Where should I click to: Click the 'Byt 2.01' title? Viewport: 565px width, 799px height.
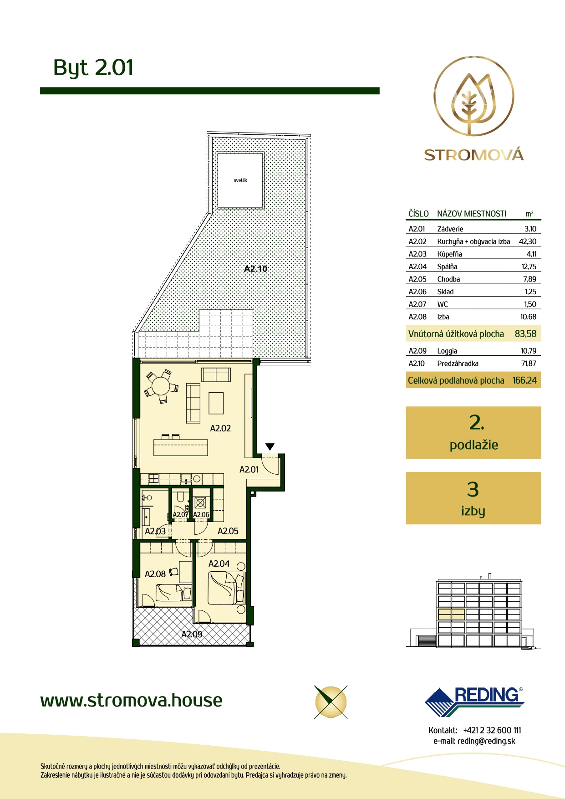pos(93,67)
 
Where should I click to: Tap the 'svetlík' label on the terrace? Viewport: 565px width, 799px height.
pos(240,180)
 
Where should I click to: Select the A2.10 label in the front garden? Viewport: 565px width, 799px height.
pos(256,269)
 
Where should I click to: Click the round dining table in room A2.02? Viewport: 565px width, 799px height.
pos(161,387)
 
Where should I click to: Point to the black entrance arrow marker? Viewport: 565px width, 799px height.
pos(270,447)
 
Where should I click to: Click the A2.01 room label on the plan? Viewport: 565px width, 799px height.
pos(249,470)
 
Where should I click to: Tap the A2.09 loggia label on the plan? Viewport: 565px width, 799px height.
pos(192,634)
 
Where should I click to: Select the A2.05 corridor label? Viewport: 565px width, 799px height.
pos(228,531)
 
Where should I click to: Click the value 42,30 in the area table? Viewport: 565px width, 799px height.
pos(528,242)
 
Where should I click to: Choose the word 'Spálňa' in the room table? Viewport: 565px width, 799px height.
pos(447,267)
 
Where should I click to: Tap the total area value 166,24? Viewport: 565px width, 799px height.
pos(524,380)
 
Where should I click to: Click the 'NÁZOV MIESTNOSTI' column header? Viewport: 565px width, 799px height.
pos(472,214)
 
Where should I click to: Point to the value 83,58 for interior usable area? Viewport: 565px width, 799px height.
pos(525,334)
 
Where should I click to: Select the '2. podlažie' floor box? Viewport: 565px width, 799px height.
pos(473,433)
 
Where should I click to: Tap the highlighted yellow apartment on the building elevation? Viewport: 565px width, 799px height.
pos(451,614)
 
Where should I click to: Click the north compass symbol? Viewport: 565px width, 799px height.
pos(331,702)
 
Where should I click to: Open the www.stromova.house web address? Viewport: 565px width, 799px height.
pos(131,700)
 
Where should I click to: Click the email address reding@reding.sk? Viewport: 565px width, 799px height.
pos(486,741)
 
